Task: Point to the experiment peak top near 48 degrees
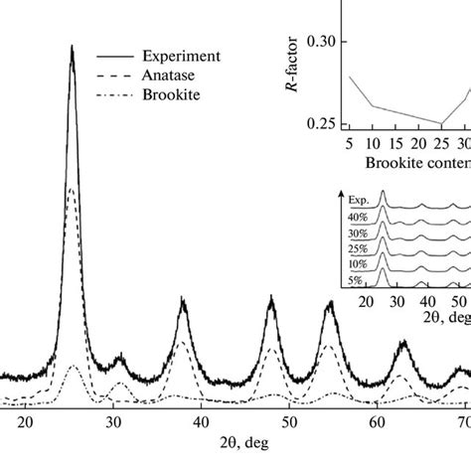[271, 297]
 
